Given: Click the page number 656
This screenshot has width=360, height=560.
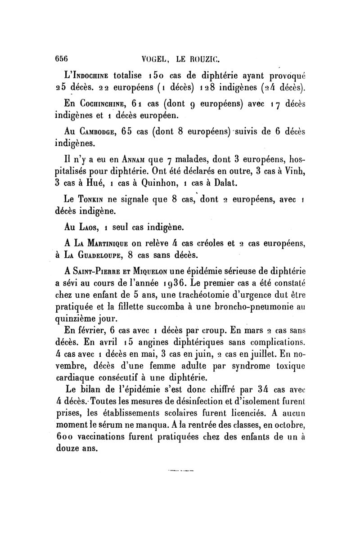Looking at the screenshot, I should click(x=61, y=58).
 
